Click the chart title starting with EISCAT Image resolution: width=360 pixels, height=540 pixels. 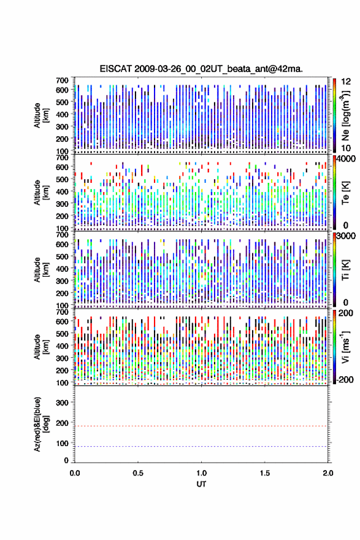[x=201, y=69]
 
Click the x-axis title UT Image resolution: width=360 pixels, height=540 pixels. [x=201, y=484]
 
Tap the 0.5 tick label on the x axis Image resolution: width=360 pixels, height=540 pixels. [x=138, y=473]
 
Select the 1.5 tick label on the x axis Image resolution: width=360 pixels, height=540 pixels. [x=265, y=473]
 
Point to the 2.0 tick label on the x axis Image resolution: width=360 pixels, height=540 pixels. [x=327, y=473]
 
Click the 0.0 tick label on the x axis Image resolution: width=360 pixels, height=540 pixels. [x=75, y=473]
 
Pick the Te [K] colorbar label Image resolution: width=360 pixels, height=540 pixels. [x=345, y=193]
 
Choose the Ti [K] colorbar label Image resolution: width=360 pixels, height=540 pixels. [x=345, y=270]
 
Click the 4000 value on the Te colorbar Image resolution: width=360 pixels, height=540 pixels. [x=347, y=159]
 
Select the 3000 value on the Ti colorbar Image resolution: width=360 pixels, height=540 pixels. [x=347, y=236]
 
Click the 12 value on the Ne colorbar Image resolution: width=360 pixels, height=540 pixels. [x=347, y=82]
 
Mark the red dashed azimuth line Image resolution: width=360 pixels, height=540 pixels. [x=201, y=426]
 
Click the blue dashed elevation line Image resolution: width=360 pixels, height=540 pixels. [x=201, y=446]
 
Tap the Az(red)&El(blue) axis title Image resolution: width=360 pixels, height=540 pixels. [x=41, y=424]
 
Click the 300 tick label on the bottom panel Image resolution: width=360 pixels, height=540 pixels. [x=62, y=403]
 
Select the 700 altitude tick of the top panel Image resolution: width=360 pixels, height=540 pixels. [x=62, y=80]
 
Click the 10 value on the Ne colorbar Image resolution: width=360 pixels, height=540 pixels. [x=347, y=148]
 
